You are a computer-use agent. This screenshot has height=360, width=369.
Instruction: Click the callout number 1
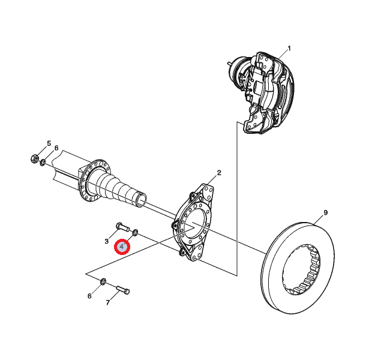click(289, 49)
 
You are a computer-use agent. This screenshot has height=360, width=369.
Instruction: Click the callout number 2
click(219, 173)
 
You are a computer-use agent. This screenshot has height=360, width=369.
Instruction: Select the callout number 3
click(106, 241)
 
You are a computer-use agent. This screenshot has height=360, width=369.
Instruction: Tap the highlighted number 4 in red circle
click(122, 246)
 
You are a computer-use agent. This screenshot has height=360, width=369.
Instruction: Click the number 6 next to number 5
click(56, 148)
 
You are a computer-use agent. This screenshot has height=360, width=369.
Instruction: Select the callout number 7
click(108, 303)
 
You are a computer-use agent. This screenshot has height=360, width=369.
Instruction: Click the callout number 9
click(325, 213)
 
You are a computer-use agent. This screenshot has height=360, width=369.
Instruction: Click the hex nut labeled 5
click(34, 159)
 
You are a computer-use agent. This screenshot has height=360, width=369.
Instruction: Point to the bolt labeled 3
click(121, 227)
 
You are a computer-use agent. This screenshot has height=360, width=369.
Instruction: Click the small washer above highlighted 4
click(136, 232)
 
